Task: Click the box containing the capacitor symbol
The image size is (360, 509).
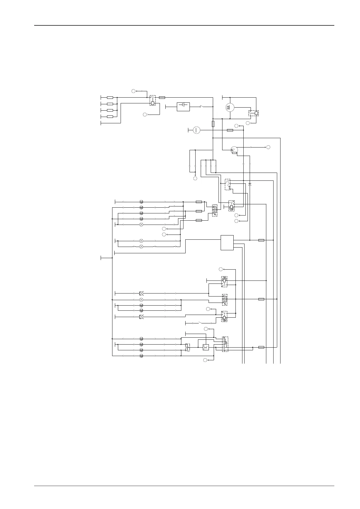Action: click(x=183, y=107)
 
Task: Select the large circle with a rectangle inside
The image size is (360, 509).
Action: click(x=230, y=107)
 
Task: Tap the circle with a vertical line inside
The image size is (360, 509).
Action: click(x=196, y=130)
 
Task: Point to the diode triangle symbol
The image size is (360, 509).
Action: click(x=250, y=184)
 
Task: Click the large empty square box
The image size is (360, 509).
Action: click(x=227, y=242)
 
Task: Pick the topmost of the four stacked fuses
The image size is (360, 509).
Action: click(x=110, y=98)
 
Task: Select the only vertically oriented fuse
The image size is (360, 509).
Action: click(x=213, y=124)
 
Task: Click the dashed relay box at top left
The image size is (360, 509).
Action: click(x=153, y=100)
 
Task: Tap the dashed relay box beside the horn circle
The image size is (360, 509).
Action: click(x=254, y=113)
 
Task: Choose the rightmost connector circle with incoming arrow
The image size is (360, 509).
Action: click(x=268, y=147)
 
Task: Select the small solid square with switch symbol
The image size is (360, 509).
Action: click(x=206, y=347)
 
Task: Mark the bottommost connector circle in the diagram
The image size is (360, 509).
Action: click(x=205, y=360)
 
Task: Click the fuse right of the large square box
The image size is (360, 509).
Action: click(x=261, y=240)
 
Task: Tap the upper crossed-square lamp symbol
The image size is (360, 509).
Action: click(x=141, y=293)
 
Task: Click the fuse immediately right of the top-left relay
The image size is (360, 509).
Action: click(x=162, y=98)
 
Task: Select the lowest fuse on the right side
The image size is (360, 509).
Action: click(x=261, y=347)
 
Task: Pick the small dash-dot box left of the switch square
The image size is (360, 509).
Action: click(x=187, y=347)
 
